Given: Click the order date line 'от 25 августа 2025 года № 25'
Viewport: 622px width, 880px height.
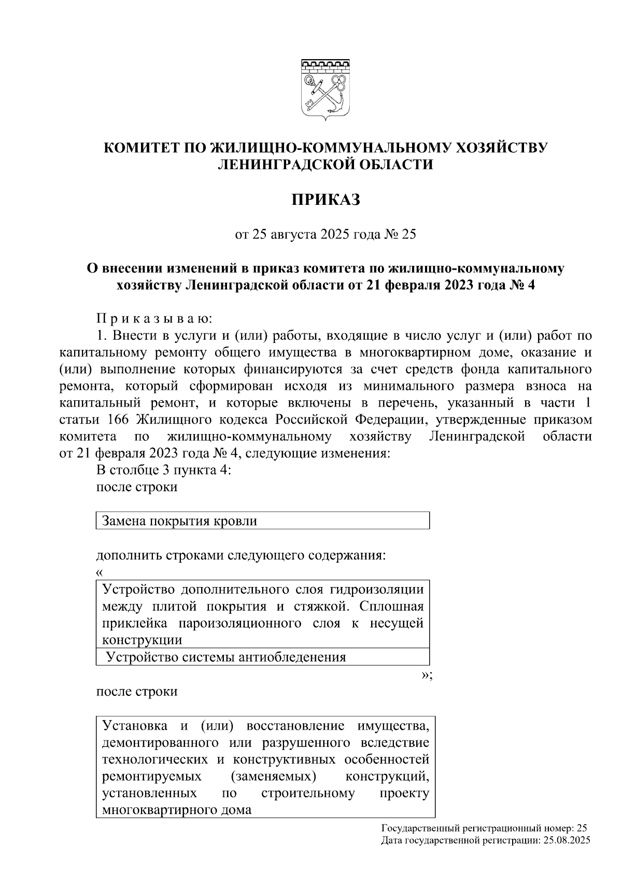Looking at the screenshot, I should (x=326, y=235).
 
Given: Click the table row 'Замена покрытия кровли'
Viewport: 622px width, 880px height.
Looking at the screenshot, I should (x=180, y=521).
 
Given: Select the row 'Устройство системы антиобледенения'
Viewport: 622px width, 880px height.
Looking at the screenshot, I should (x=226, y=658).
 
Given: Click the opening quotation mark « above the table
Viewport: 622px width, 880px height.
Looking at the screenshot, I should (x=100, y=573).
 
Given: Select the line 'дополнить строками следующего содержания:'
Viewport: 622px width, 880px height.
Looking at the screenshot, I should (x=241, y=555).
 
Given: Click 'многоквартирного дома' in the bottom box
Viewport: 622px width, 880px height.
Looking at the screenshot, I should (x=177, y=810).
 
